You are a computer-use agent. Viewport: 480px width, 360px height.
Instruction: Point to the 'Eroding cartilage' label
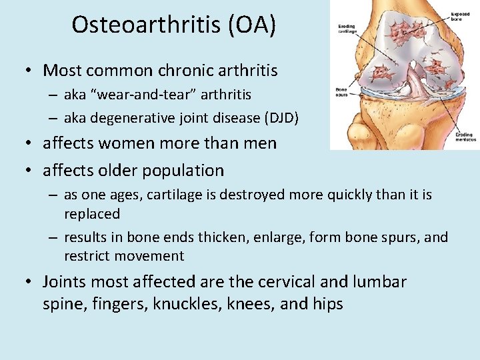coord(346,29)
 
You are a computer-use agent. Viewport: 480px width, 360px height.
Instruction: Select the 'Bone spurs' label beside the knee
coord(341,92)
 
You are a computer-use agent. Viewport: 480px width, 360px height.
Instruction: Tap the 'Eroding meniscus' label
coord(464,137)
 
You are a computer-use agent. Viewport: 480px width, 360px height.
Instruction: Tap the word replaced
coord(92,214)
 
